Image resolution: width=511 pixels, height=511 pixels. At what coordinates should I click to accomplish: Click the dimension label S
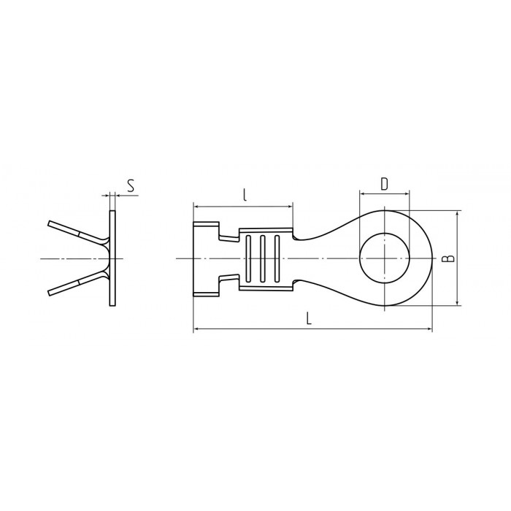pyautogui.click(x=131, y=186)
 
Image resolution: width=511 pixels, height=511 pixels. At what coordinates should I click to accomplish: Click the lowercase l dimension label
pyautogui.click(x=245, y=195)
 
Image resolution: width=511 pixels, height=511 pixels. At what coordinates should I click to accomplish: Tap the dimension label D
pyautogui.click(x=385, y=184)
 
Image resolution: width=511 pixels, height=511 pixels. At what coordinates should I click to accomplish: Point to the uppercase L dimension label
pyautogui.click(x=310, y=318)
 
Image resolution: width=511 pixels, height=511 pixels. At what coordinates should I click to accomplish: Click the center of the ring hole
pyautogui.click(x=385, y=258)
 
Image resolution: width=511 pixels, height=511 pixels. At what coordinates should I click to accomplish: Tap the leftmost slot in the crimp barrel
pyautogui.click(x=248, y=258)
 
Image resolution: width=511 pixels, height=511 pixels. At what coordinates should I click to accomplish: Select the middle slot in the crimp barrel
pyautogui.click(x=263, y=258)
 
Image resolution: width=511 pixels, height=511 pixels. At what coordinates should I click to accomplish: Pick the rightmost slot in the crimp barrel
pyautogui.click(x=277, y=258)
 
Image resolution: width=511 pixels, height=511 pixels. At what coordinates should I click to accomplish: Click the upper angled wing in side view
pyautogui.click(x=78, y=233)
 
